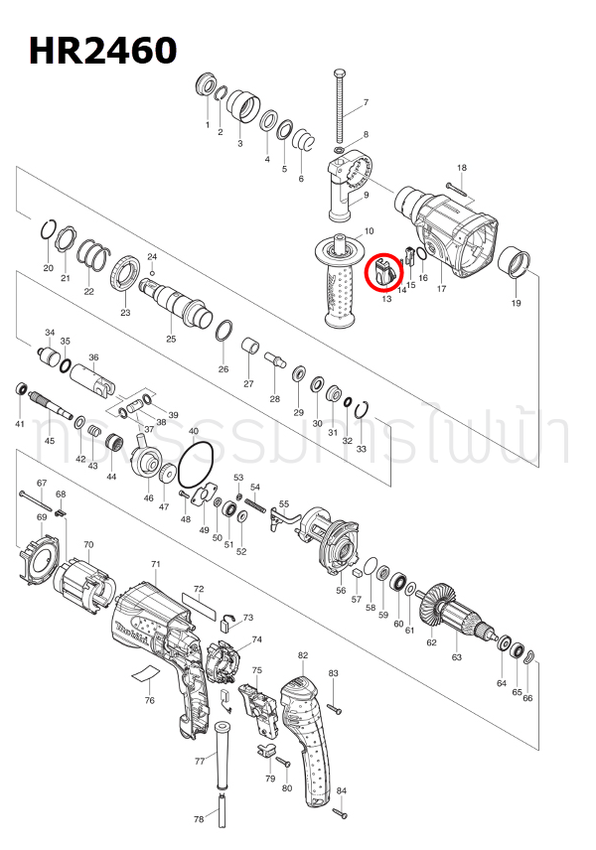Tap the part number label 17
coord(441,289)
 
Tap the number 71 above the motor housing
coord(156,564)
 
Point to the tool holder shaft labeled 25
coord(178,302)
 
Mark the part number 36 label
coord(93,357)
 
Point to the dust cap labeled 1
coord(208,85)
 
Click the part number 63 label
coord(457,657)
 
